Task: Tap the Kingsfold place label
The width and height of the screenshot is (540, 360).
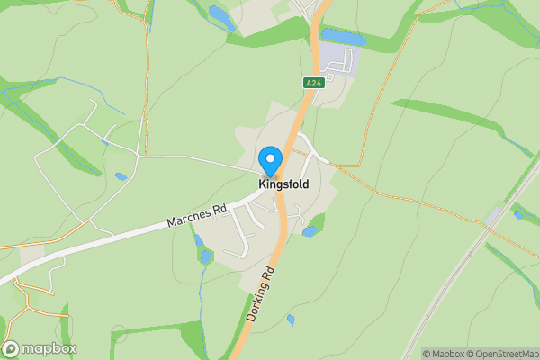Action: (283, 184)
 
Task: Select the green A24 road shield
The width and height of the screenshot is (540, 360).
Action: (313, 83)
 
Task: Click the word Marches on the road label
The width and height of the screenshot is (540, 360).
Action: (187, 218)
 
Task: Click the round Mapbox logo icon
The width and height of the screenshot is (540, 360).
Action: (12, 348)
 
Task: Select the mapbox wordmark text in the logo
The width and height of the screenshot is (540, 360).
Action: (49, 348)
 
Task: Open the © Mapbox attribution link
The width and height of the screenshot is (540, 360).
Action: (445, 354)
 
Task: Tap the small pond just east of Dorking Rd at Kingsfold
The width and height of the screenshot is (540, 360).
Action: (310, 231)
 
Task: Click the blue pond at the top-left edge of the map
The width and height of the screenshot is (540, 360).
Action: (219, 13)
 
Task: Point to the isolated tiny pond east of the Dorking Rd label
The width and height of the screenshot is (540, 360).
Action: (290, 319)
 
